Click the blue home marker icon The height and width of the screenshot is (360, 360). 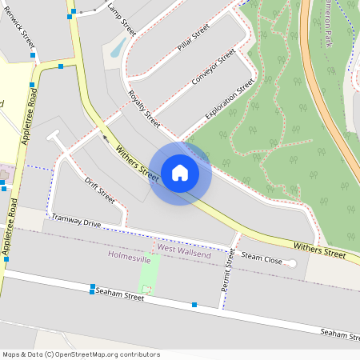[180, 172]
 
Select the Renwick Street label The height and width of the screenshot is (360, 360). [18, 30]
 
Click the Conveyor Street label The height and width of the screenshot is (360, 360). [214, 69]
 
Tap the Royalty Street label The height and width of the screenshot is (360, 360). [144, 109]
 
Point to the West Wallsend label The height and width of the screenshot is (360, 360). [177, 249]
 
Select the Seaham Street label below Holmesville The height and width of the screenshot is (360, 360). [119, 295]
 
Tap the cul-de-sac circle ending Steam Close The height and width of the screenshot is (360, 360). [291, 263]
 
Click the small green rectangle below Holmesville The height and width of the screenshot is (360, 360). [149, 274]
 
